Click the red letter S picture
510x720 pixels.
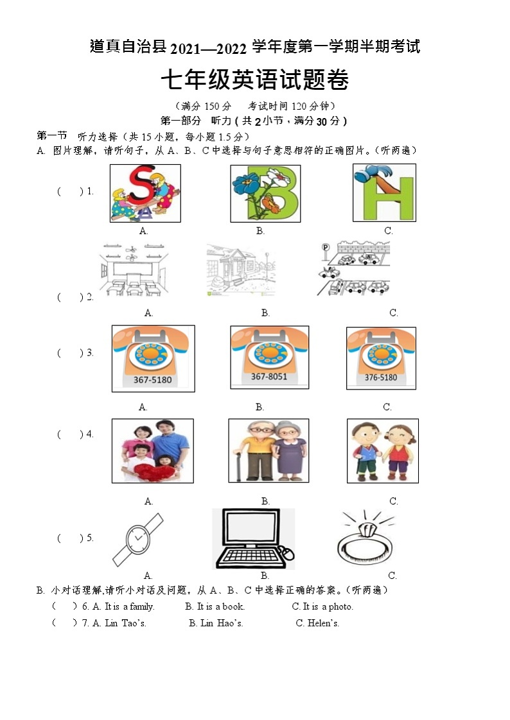point(145,193)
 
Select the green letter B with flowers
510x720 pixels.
point(265,193)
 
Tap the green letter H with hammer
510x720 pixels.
point(384,193)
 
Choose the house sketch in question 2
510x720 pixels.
point(241,270)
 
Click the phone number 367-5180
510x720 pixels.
point(152,380)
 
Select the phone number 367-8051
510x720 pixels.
point(269,377)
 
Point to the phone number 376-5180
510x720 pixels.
point(381,378)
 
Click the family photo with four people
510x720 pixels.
point(152,450)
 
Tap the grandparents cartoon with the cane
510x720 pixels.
point(268,450)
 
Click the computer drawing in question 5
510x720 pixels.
point(253,538)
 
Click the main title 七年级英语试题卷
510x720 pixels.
point(254,81)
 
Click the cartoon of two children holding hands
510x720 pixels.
point(382,450)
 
